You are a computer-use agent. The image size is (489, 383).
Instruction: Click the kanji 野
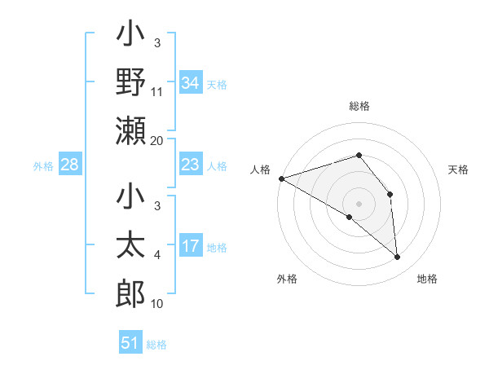[130, 82]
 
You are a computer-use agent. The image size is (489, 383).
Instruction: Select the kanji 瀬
[130, 130]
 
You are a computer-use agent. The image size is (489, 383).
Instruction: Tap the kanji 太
[130, 246]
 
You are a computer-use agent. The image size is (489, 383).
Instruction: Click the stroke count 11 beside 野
[157, 92]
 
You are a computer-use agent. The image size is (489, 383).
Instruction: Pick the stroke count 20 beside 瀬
[157, 140]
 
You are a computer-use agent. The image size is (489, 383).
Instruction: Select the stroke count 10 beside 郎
[157, 304]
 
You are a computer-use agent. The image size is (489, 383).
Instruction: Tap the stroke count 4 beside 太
[157, 256]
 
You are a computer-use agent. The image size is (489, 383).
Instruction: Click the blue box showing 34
[190, 82]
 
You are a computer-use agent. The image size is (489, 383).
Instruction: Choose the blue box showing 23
[190, 165]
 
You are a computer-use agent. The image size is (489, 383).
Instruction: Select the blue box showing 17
[190, 246]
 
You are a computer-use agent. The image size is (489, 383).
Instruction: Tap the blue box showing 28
[70, 165]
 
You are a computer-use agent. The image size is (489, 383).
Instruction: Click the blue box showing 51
[130, 343]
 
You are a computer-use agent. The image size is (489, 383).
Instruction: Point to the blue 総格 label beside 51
[156, 345]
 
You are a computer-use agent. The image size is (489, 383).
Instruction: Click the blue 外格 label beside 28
[43, 166]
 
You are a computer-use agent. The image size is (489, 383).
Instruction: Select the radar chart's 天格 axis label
[459, 169]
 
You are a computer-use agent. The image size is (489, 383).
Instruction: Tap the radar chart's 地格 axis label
[427, 279]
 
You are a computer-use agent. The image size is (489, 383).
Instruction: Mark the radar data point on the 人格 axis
[281, 178]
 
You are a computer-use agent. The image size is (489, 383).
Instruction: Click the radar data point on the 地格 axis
[398, 258]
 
